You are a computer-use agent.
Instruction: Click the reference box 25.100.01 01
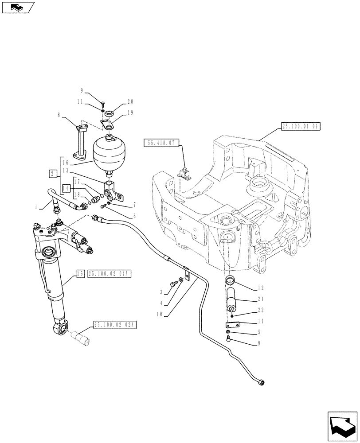300,126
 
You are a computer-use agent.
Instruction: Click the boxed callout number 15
80,275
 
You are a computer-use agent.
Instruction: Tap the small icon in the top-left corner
18,7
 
